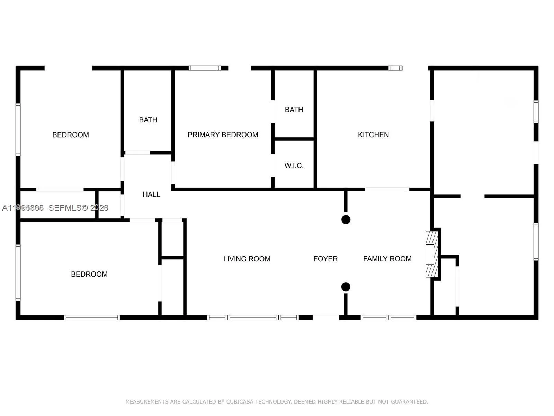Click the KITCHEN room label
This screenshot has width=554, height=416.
[x=373, y=135]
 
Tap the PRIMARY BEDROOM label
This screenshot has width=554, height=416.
[x=223, y=135]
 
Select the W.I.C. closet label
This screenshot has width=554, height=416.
[x=294, y=166]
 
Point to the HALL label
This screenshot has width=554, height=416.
[x=151, y=194]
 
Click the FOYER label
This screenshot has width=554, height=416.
[x=325, y=259]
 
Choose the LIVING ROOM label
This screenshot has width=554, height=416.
[x=247, y=259]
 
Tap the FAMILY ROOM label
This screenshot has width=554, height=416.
[x=387, y=259]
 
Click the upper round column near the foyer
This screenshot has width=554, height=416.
[x=346, y=219]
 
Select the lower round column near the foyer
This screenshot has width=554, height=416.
[x=346, y=287]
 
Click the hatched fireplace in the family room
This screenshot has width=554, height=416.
[x=431, y=254]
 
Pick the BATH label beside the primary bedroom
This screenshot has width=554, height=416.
[x=294, y=110]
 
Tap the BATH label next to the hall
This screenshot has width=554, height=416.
[x=148, y=120]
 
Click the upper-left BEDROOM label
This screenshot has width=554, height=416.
[x=71, y=135]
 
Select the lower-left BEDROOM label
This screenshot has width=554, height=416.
[x=89, y=274]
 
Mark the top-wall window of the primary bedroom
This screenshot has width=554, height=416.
[x=205, y=68]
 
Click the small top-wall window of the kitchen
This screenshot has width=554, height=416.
[x=395, y=68]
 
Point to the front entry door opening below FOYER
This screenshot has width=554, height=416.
[x=326, y=317]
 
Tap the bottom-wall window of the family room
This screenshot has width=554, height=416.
[x=388, y=318]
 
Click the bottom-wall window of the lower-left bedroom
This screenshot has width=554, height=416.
[x=92, y=318]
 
